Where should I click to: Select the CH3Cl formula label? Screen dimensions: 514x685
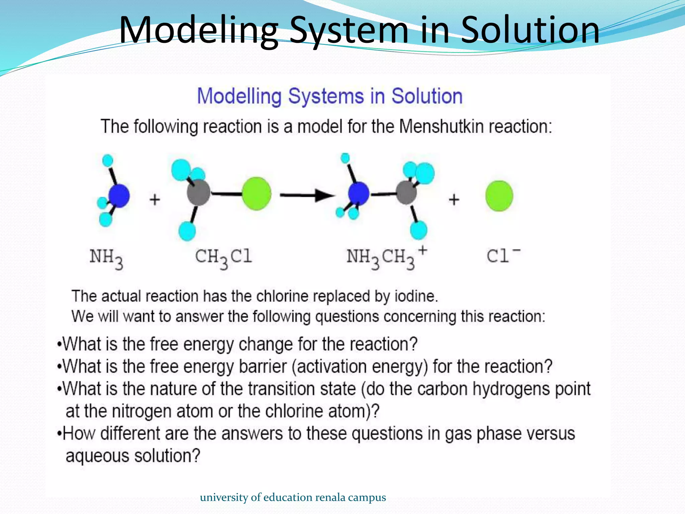pyautogui.click(x=223, y=258)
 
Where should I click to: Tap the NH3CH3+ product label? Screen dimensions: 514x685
pyautogui.click(x=386, y=258)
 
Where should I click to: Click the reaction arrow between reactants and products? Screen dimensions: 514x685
pyautogui.click(x=307, y=195)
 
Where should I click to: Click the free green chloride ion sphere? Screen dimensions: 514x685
pyautogui.click(x=499, y=196)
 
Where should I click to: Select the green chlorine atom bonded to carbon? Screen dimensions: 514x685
pyautogui.click(x=256, y=194)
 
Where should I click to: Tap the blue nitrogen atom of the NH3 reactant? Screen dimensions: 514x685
pyautogui.click(x=119, y=196)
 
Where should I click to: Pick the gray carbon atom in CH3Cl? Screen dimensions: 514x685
pyautogui.click(x=198, y=192)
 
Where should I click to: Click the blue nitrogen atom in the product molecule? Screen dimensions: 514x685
pyautogui.click(x=358, y=193)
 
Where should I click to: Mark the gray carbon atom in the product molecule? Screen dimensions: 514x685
pyautogui.click(x=406, y=192)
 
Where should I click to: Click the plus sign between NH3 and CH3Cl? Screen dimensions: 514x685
pyautogui.click(x=155, y=200)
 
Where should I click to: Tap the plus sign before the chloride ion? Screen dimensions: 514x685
pyautogui.click(x=454, y=200)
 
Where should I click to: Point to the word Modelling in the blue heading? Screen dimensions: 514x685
pyautogui.click(x=239, y=96)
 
